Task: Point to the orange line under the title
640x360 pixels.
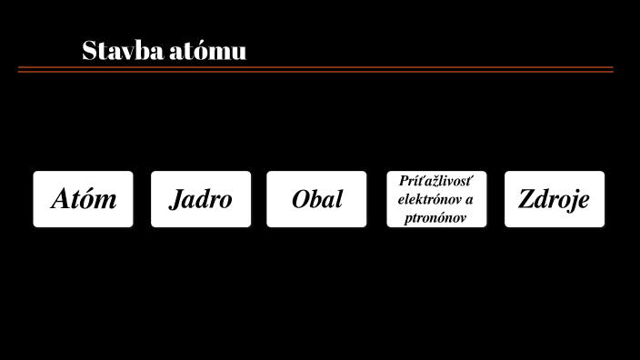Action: point(315,69)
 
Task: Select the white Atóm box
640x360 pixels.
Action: point(83,199)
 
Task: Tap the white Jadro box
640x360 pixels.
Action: point(201,199)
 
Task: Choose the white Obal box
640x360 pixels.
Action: point(316,199)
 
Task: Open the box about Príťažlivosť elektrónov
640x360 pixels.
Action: point(436,199)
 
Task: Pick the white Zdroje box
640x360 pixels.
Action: point(555,199)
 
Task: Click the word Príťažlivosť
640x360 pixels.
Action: point(436,182)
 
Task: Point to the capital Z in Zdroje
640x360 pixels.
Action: point(526,199)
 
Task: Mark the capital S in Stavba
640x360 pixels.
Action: point(89,51)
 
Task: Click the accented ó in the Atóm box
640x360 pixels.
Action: point(91,199)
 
